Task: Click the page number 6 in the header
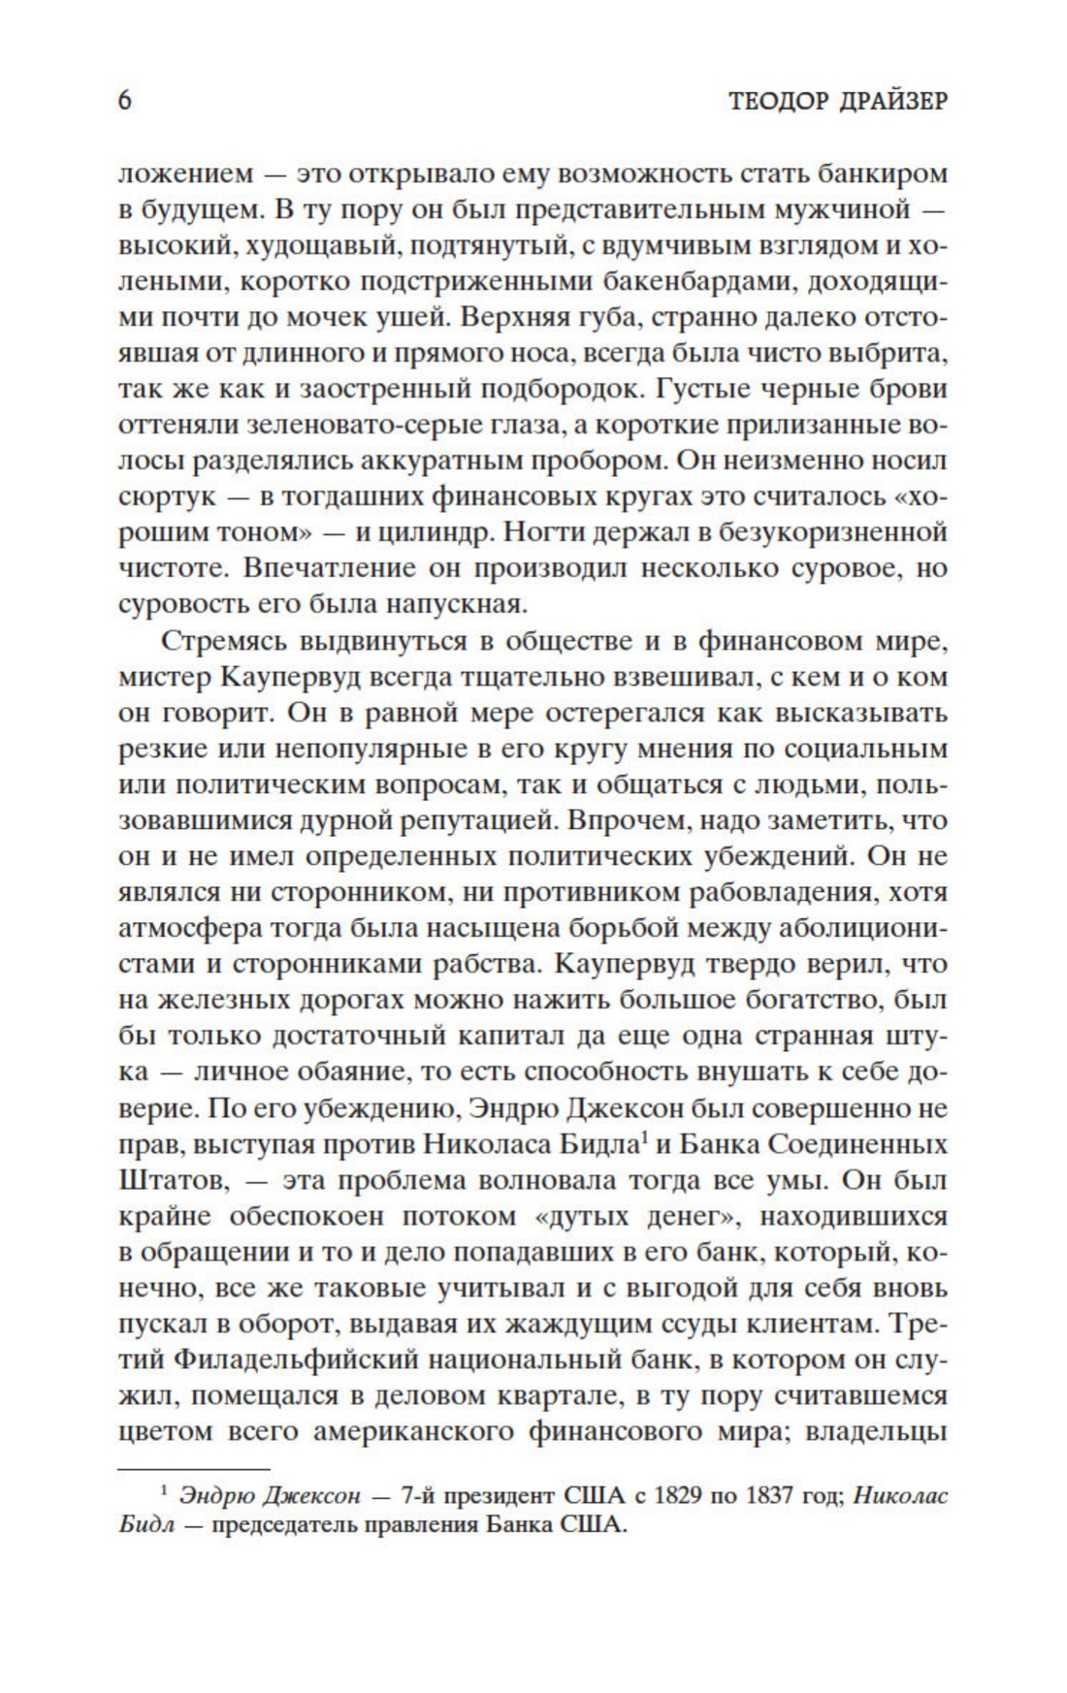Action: coord(124,100)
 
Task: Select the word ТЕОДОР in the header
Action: coord(767,101)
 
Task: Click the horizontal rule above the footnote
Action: coord(193,1469)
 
